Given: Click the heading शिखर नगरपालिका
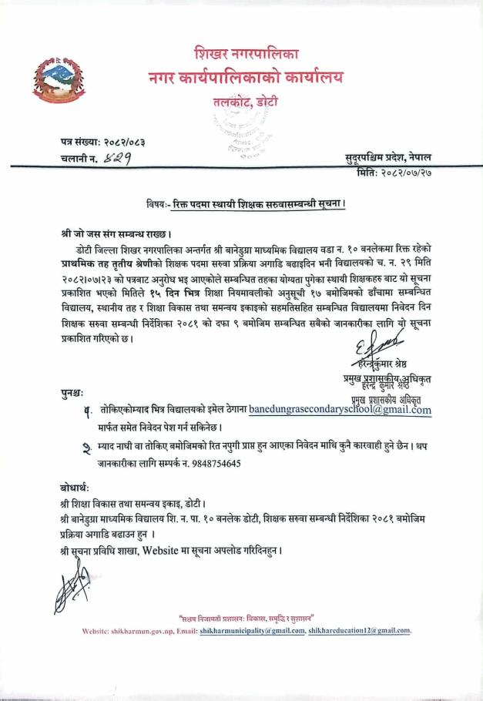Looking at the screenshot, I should click(x=247, y=55).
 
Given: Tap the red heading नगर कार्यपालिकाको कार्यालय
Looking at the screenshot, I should click(x=247, y=78).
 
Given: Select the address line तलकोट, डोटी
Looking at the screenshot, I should click(x=246, y=102).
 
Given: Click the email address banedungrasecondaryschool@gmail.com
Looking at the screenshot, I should click(x=340, y=410).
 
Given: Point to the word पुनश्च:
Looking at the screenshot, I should click(x=74, y=394).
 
